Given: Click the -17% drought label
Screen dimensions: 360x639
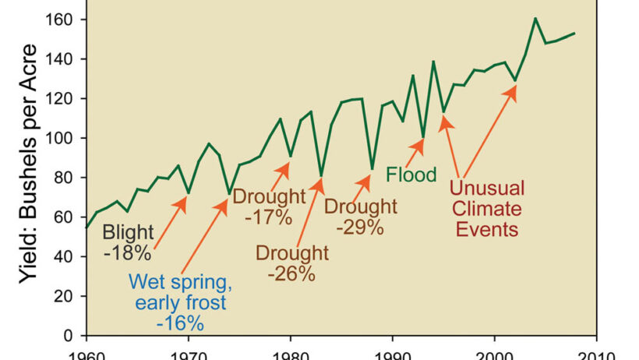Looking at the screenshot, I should pyautogui.click(x=268, y=217).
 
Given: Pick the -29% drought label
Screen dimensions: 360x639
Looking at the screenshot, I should pyautogui.click(x=359, y=227).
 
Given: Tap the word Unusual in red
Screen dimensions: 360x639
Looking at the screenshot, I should pyautogui.click(x=487, y=188).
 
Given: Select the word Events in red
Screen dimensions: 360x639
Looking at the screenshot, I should pyautogui.click(x=487, y=229).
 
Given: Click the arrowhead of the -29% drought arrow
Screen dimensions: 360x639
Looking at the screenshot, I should pyautogui.click(x=369, y=177).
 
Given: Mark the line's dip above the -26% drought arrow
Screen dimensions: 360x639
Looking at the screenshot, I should pyautogui.click(x=321, y=175).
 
